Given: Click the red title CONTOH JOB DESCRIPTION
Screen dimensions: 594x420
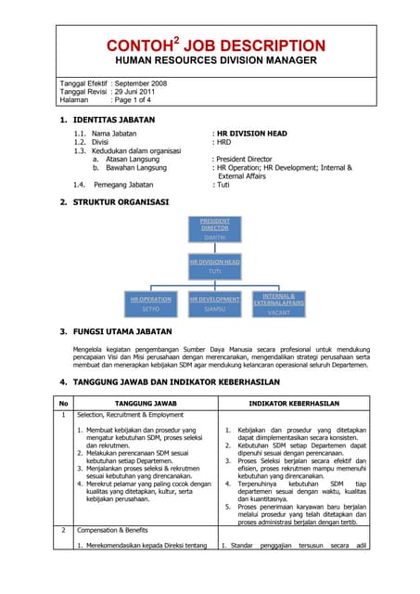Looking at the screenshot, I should click(210, 45).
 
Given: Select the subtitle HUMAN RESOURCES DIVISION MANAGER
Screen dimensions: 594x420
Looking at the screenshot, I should click(210, 60).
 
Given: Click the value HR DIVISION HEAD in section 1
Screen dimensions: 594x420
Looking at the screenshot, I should click(251, 134).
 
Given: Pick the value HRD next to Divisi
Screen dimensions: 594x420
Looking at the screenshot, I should click(223, 142).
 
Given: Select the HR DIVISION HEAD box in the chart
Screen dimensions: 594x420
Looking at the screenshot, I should click(214, 266).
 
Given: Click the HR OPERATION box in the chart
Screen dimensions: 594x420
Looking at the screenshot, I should click(150, 303).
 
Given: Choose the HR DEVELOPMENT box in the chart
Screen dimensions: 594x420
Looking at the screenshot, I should click(214, 303).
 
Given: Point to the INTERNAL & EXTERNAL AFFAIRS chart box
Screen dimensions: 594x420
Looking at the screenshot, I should click(278, 303).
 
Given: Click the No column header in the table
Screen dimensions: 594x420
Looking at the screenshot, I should click(63, 404).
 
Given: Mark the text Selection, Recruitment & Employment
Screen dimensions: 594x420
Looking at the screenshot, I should click(134, 416).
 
